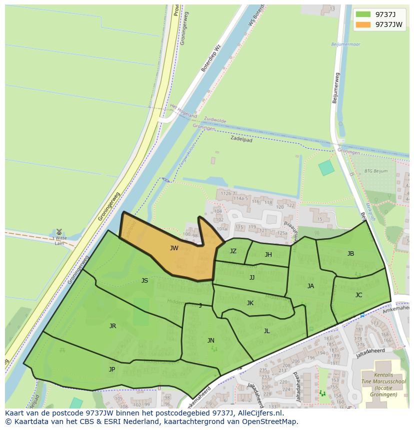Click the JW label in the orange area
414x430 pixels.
[x=174, y=248]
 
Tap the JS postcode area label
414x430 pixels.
[x=144, y=281]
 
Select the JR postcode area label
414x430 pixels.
[x=112, y=326]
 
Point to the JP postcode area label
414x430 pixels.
[x=112, y=370]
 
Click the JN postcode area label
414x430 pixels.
[x=211, y=341]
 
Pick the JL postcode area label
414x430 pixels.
[x=266, y=331]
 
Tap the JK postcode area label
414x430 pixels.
[x=250, y=303]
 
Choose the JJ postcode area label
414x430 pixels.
[x=252, y=277]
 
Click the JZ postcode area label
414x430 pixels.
[x=233, y=251]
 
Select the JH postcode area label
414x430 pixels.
[x=268, y=255]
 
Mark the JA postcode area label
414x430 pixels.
[x=310, y=286]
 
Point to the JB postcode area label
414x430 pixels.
[x=350, y=254]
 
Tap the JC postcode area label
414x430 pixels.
[x=358, y=295]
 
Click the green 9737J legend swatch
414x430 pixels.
[x=363, y=14]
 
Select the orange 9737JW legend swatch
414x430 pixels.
[x=363, y=24]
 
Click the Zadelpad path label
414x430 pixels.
[x=241, y=139]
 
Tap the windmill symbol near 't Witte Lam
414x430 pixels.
[x=59, y=232]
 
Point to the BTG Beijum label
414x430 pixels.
[x=376, y=171]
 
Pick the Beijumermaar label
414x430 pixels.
[x=346, y=44]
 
